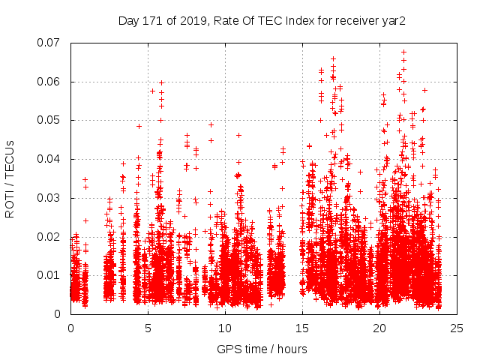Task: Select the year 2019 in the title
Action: pyautogui.click(x=189, y=21)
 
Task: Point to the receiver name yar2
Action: pyautogui.click(x=393, y=21)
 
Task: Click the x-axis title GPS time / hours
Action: pyautogui.click(x=262, y=349)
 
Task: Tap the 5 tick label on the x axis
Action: pyautogui.click(x=148, y=328)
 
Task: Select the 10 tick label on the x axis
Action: pyautogui.click(x=225, y=328)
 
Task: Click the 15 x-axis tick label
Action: pyautogui.click(x=302, y=328)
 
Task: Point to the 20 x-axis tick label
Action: pyautogui.click(x=379, y=328)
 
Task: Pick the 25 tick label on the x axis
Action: pyautogui.click(x=457, y=328)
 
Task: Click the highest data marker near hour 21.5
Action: pyautogui.click(x=403, y=52)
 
